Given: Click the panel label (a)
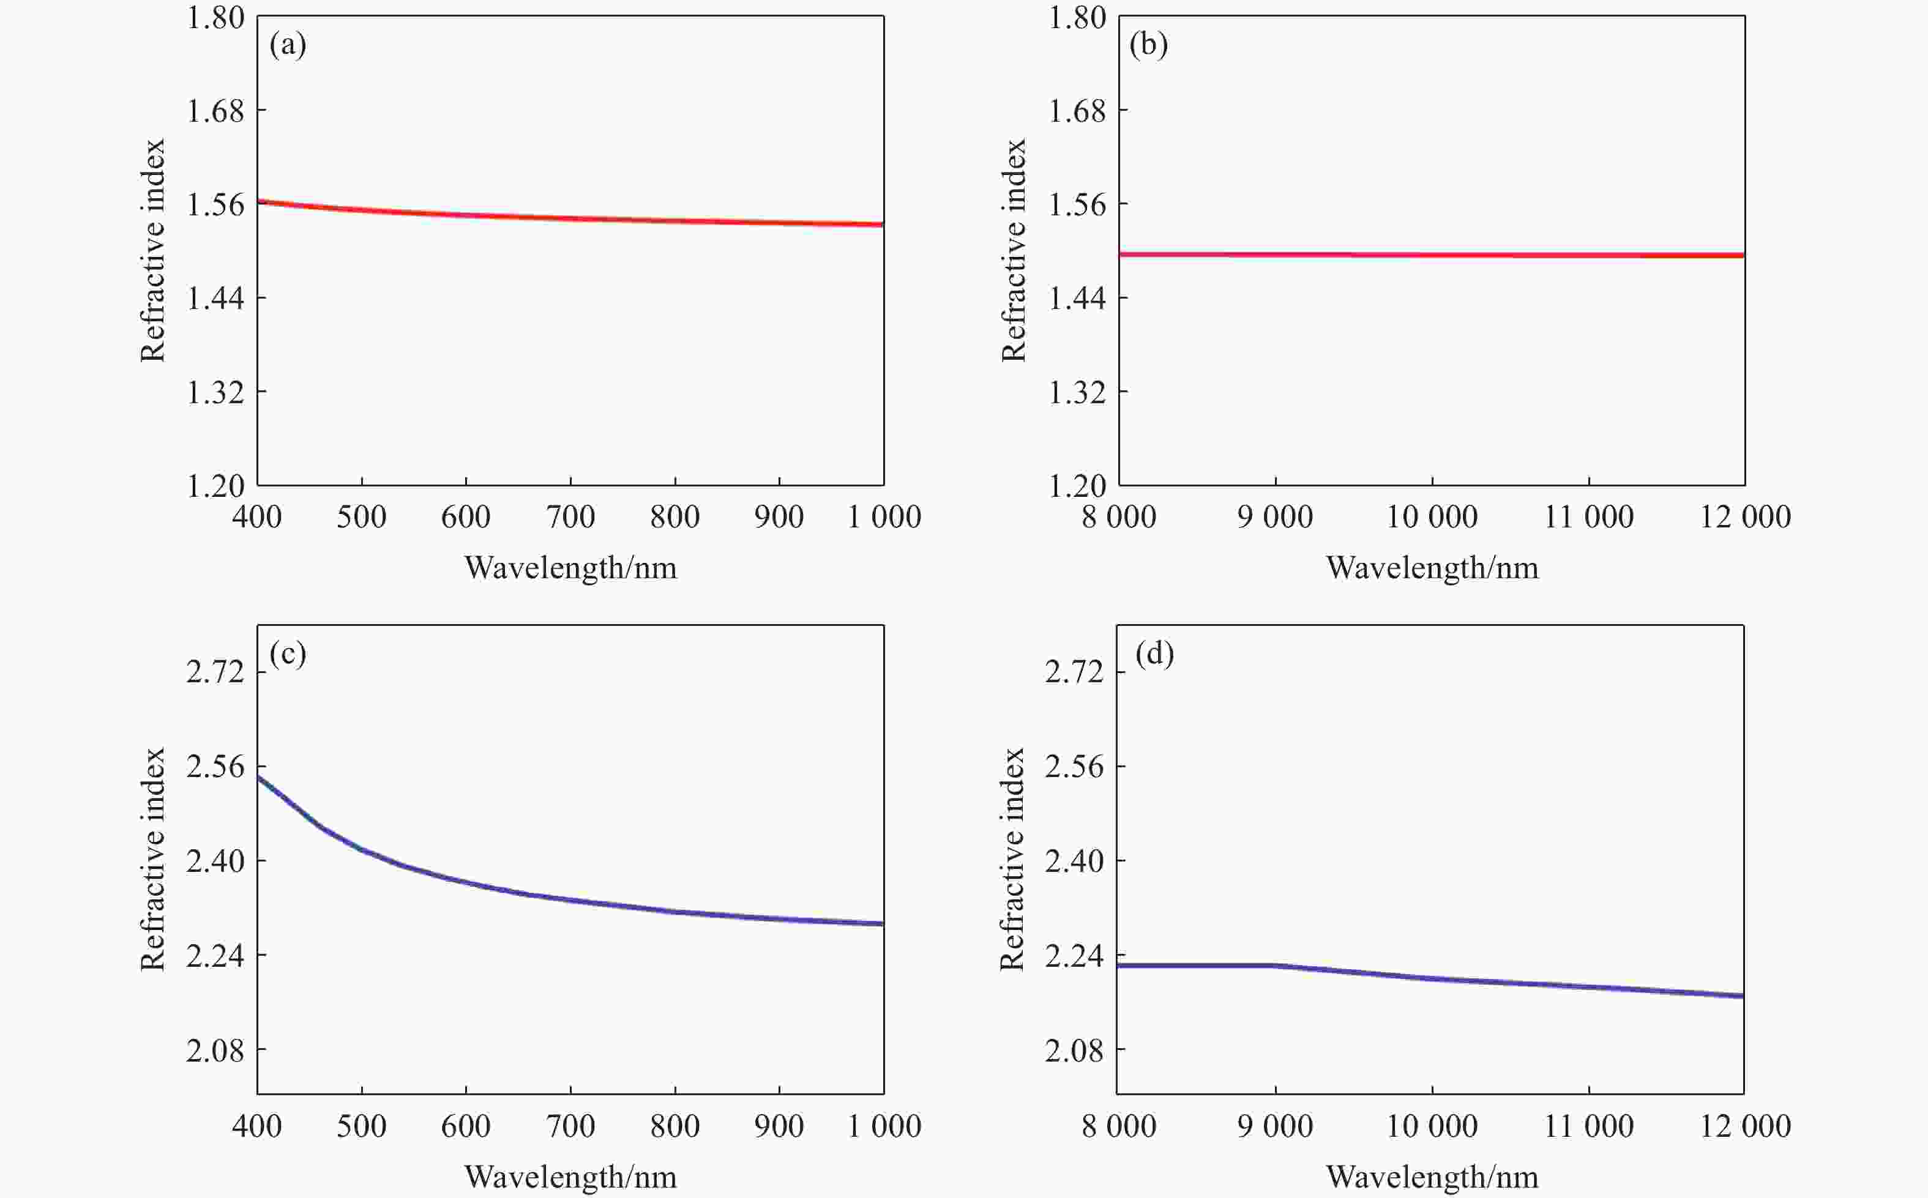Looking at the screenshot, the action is point(288,45).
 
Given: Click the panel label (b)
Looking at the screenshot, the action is point(1148,45).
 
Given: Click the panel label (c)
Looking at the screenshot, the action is point(288,653).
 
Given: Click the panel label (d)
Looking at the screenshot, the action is point(1154,653).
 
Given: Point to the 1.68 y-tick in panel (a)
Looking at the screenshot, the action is point(215,111).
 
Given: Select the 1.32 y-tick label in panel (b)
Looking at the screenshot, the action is point(1077,392).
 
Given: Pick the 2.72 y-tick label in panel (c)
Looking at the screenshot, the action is point(215,672).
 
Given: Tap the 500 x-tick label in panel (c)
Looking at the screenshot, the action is point(361,1126).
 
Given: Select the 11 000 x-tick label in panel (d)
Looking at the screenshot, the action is point(1589,1126).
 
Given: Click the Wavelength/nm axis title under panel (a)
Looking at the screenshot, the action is point(570,568).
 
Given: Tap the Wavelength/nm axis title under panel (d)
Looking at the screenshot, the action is point(1433,1177).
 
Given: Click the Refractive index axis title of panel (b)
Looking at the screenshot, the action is point(1014,250).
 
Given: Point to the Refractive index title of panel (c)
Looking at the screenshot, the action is point(152,859).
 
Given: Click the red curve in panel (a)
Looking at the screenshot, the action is point(570,218).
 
